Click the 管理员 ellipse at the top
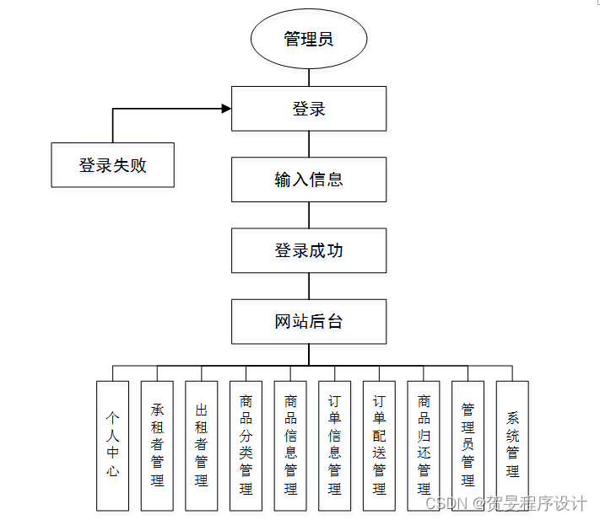(x=309, y=39)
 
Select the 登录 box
(x=309, y=109)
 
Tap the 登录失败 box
(x=113, y=165)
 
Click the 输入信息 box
(x=309, y=180)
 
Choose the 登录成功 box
(x=309, y=250)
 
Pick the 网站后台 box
(x=309, y=321)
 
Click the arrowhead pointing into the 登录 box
(x=226, y=109)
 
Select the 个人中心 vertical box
(x=112, y=445)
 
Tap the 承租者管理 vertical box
(x=157, y=445)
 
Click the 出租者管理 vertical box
(x=201, y=445)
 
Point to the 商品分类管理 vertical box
(x=246, y=445)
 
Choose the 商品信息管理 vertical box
(x=290, y=445)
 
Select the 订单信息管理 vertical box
(x=335, y=445)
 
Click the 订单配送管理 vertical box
(x=379, y=445)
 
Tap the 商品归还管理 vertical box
(x=424, y=445)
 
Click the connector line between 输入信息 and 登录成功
(x=309, y=215)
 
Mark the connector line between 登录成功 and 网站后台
(x=309, y=286)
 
